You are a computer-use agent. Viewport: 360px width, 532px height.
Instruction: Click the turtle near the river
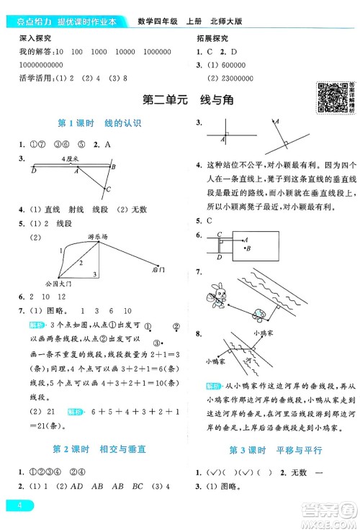(258, 313)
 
